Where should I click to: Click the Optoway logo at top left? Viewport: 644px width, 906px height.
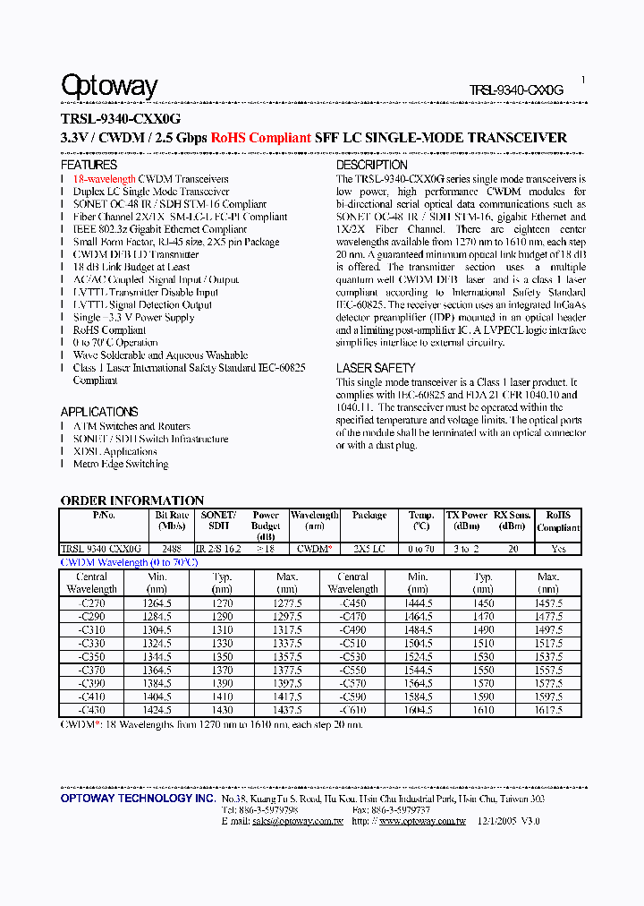109,87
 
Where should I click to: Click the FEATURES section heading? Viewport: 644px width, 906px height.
89,165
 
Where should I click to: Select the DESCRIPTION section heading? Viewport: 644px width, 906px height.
371,165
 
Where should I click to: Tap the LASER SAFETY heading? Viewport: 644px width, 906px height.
376,368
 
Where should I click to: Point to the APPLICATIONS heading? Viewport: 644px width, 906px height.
99,412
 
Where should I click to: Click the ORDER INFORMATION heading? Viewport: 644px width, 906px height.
132,500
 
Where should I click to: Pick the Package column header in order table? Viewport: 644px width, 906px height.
369,516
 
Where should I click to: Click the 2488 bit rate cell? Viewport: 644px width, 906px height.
172,549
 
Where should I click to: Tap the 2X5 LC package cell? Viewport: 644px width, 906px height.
369,549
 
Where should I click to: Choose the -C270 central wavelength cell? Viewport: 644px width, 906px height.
91,604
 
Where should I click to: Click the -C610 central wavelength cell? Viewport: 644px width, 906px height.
352,710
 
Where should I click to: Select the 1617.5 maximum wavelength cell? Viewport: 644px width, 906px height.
548,710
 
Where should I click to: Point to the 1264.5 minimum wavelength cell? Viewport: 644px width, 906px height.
157,604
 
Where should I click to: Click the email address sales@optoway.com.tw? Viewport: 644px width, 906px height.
297,821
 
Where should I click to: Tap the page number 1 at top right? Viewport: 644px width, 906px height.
583,80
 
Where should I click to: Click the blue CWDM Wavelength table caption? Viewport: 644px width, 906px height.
128,562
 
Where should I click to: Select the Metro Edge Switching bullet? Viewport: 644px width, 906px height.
121,465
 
